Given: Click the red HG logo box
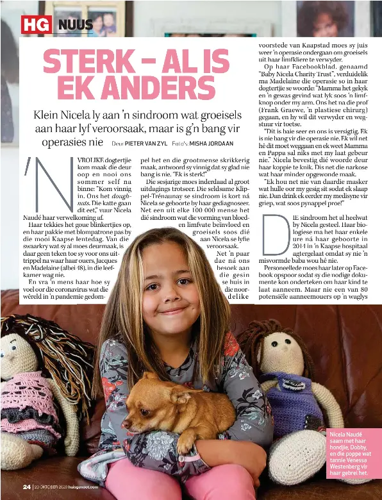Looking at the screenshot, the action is [x=36, y=24].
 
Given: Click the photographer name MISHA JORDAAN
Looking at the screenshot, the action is [x=212, y=144].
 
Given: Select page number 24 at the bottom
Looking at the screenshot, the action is [x=26, y=487].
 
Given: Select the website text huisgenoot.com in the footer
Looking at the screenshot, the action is [x=80, y=487].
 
